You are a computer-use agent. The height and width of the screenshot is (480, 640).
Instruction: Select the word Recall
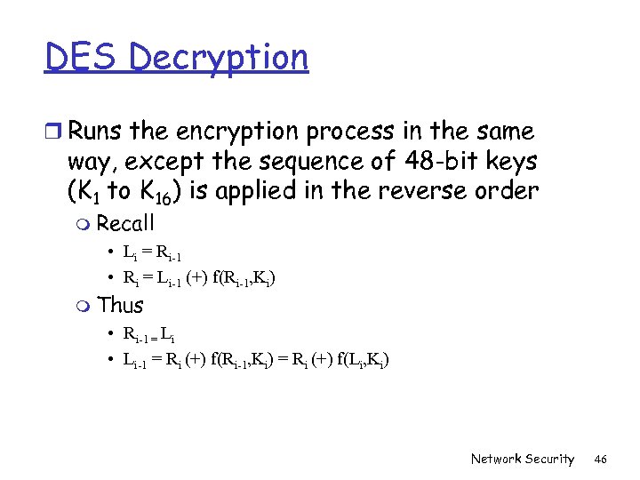pos(125,223)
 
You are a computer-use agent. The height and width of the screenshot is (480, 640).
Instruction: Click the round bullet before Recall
pos(84,224)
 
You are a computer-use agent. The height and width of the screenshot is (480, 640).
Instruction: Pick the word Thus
pos(120,305)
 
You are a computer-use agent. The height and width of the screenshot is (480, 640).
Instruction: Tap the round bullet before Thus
pos(84,306)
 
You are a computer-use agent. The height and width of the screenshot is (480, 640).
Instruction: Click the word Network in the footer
pos(496,459)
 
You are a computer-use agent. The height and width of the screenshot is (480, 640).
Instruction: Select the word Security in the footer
pos(549,459)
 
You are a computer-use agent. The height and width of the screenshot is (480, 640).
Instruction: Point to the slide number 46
pos(601,459)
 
